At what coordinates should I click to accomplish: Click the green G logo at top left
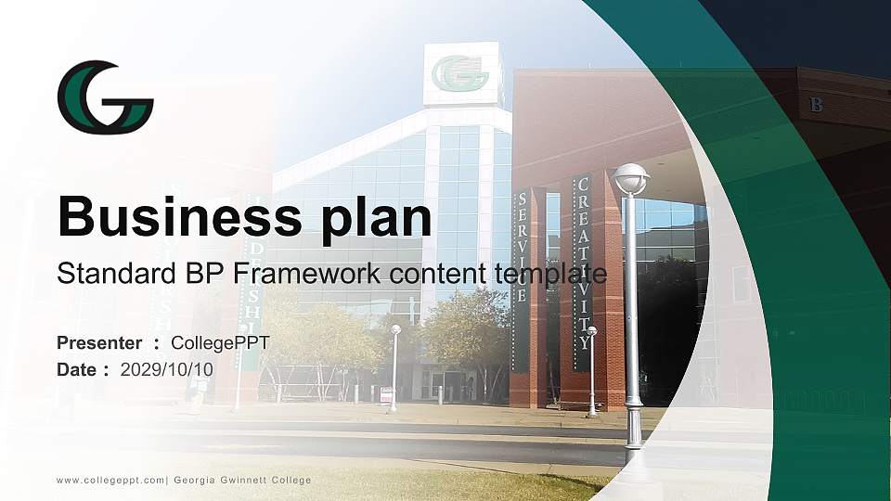tap(105, 97)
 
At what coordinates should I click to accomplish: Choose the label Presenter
tap(99, 343)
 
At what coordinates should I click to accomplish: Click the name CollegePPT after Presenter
tap(220, 343)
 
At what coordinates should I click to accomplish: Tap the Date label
tap(77, 369)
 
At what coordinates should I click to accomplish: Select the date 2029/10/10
tap(167, 369)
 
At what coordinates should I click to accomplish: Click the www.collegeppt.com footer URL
tap(110, 480)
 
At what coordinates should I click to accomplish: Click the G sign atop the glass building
tap(461, 73)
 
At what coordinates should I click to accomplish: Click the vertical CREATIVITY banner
tap(583, 264)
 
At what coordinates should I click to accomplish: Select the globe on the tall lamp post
tap(631, 177)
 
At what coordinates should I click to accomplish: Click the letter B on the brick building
tap(817, 105)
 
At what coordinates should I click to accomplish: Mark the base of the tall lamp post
tap(633, 436)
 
